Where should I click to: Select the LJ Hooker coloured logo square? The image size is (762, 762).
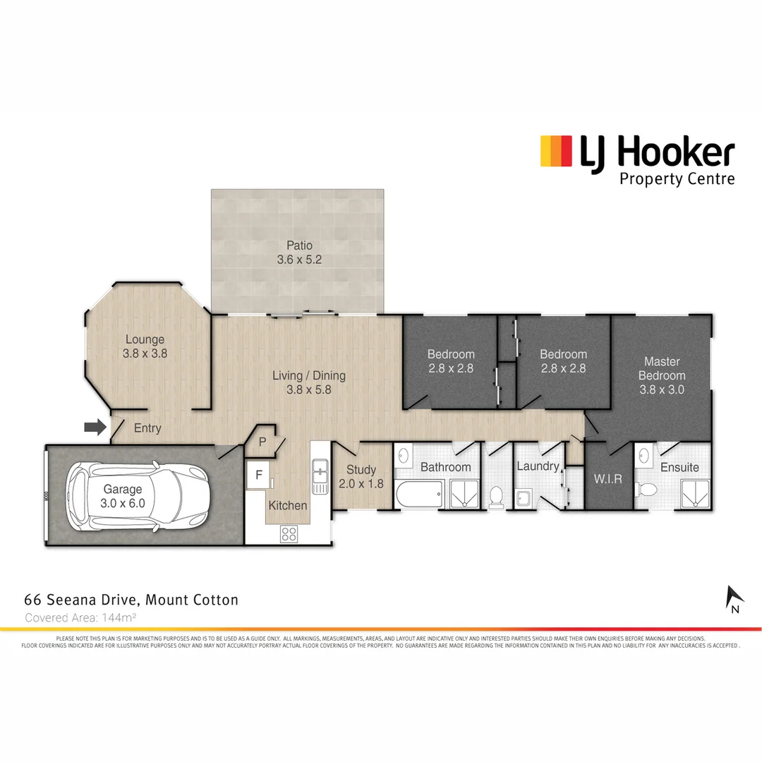[x=555, y=152]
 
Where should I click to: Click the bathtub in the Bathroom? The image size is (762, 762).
[x=418, y=494]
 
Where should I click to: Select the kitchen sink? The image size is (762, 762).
[x=320, y=476]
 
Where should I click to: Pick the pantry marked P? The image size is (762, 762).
[x=262, y=442]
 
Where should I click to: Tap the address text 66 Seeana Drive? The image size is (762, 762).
[x=131, y=600]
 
